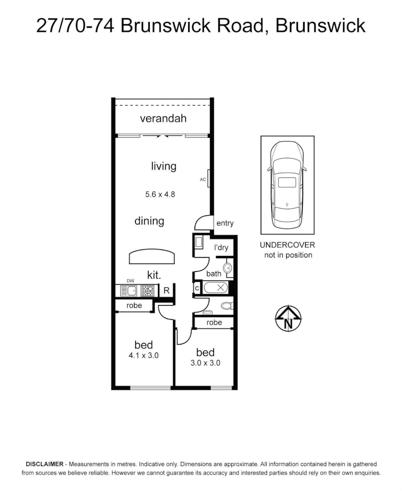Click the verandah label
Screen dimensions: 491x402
pyautogui.click(x=163, y=119)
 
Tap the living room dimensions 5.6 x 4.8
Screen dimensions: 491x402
pyautogui.click(x=160, y=194)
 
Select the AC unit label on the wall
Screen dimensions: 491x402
pyautogui.click(x=203, y=180)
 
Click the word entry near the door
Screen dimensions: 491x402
pyautogui.click(x=225, y=223)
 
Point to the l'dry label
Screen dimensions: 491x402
pyautogui.click(x=221, y=248)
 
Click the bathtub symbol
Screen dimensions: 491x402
pyautogui.click(x=215, y=288)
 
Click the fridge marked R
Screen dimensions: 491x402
pyautogui.click(x=166, y=290)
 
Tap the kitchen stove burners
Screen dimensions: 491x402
pyautogui.click(x=147, y=290)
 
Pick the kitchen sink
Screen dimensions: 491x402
pyautogui.click(x=129, y=290)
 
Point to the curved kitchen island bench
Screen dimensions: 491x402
pyautogui.click(x=152, y=257)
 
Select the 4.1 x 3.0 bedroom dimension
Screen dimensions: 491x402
pyautogui.click(x=144, y=356)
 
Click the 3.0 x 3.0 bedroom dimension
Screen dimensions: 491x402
pyautogui.click(x=205, y=363)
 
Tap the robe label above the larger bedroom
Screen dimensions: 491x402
pyautogui.click(x=134, y=306)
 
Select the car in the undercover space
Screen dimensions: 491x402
pyautogui.click(x=287, y=185)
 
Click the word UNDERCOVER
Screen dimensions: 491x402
pyautogui.click(x=287, y=245)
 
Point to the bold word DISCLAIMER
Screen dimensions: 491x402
pyautogui.click(x=45, y=464)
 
